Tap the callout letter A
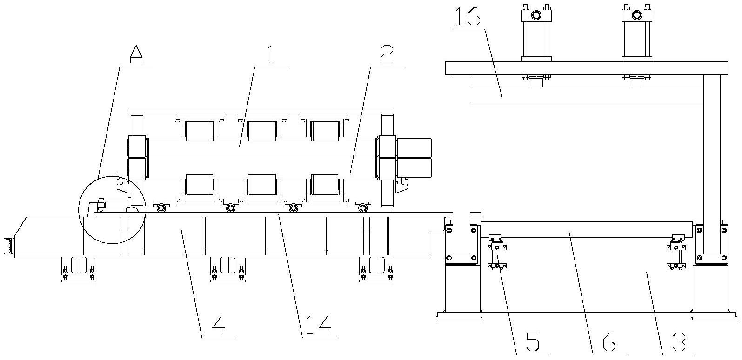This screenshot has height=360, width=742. coord(136,55)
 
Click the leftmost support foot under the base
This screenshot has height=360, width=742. coord(78,270)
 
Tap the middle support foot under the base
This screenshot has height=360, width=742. coord(227,270)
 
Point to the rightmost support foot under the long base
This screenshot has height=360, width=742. coord(377,270)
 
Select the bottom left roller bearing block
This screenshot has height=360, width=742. coord(200,186)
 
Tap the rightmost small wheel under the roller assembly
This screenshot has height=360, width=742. coord(362,207)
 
